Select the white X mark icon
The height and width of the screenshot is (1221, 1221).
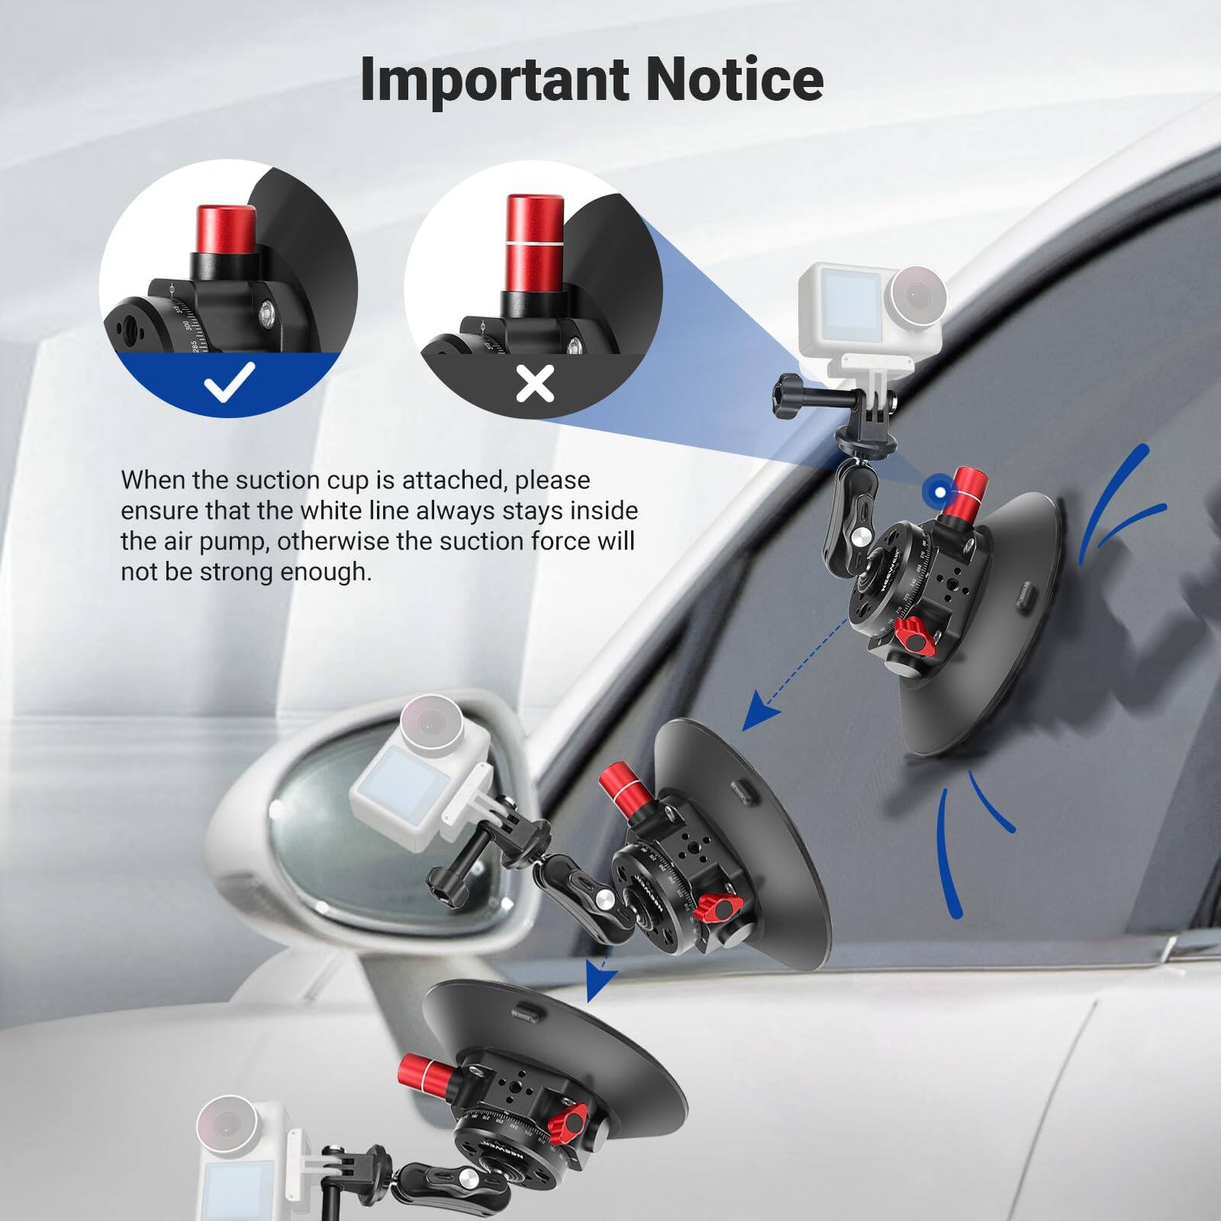(535, 382)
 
